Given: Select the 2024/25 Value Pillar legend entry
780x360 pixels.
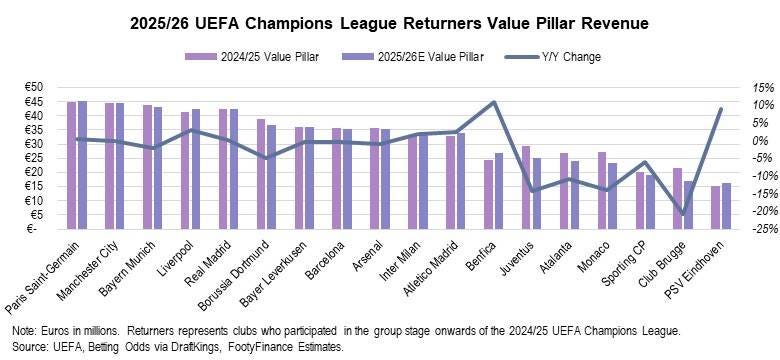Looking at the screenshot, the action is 252,57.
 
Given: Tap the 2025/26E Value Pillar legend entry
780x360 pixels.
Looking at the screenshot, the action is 413,57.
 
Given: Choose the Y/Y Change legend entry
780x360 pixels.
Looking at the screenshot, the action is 553,57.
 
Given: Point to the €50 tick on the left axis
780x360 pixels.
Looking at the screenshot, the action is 34,88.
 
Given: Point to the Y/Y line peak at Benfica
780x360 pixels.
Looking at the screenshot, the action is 493,102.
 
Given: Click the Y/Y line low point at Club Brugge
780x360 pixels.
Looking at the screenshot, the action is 682,214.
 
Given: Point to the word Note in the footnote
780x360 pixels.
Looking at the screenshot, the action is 21,331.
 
